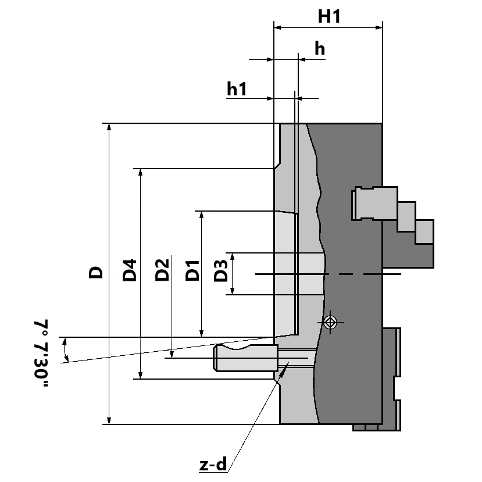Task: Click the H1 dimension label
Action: (x=329, y=16)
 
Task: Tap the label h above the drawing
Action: (x=319, y=49)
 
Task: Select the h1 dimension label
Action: (x=237, y=89)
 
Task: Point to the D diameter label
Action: (x=96, y=272)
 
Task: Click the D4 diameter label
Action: (x=130, y=270)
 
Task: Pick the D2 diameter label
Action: (x=162, y=270)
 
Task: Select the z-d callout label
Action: (x=213, y=465)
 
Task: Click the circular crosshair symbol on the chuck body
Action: (x=330, y=322)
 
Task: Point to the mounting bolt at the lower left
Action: (x=245, y=358)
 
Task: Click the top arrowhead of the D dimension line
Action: (x=109, y=127)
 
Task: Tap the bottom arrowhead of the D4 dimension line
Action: (x=140, y=376)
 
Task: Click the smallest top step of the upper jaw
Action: (x=424, y=231)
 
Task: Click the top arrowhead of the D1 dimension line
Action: (x=201, y=215)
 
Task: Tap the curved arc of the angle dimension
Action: (x=66, y=349)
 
